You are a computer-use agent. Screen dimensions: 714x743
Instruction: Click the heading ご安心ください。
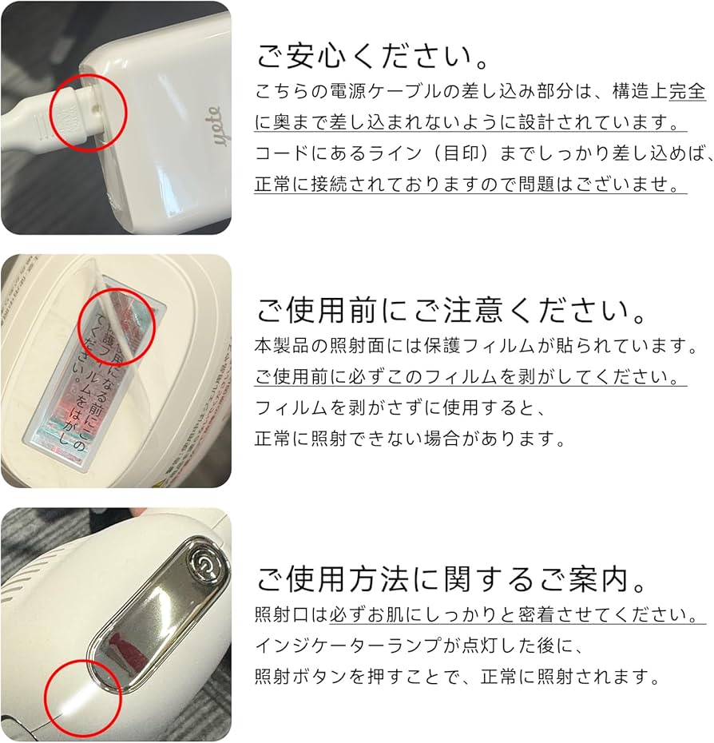click(374, 57)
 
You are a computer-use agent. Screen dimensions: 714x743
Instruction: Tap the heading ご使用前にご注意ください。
click(451, 311)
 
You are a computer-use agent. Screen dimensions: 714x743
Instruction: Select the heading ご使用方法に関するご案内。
click(451, 579)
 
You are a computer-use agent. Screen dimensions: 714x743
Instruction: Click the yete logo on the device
click(216, 126)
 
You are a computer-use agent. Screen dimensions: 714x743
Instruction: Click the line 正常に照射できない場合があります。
click(411, 439)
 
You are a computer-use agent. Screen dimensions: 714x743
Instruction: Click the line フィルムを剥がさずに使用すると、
click(401, 408)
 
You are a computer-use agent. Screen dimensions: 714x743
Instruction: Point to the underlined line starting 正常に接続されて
click(468, 184)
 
